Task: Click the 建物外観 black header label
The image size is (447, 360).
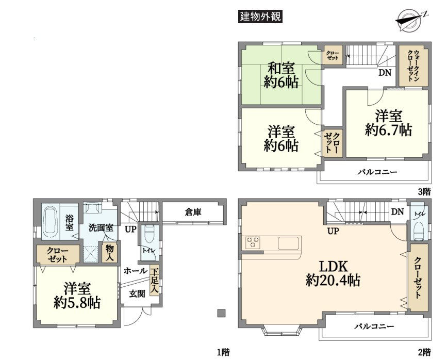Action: [260, 17]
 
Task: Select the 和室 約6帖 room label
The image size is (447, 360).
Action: [281, 75]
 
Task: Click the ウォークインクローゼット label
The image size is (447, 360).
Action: [413, 66]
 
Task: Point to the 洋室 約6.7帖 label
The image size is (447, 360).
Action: [388, 123]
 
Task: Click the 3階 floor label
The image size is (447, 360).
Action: [424, 192]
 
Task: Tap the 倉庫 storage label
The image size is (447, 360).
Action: [193, 212]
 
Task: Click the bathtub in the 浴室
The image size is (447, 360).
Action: [51, 222]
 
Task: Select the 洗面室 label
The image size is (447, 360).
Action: [101, 227]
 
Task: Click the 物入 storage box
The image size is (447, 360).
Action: [109, 252]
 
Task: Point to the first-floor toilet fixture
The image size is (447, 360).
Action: [149, 234]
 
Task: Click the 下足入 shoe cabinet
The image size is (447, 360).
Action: [154, 281]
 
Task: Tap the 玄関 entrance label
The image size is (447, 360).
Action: [137, 294]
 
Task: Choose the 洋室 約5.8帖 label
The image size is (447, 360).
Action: [77, 296]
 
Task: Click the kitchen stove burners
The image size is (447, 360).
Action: [253, 242]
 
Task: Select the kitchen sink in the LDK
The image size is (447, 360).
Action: [289, 243]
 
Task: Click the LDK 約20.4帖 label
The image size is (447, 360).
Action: [333, 273]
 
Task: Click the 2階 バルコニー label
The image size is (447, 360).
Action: [374, 326]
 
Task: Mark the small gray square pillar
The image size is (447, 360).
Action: [221, 313]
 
